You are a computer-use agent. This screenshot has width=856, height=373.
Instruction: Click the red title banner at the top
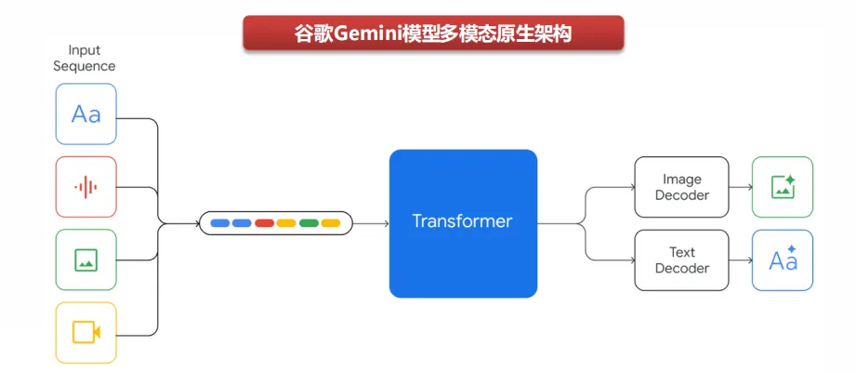click(433, 33)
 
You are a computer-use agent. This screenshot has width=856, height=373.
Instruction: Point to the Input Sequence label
click(85, 58)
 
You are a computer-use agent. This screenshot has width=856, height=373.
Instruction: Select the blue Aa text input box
click(86, 114)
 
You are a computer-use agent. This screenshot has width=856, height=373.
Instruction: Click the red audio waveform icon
click(86, 187)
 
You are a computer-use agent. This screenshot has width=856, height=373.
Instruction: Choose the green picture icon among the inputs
click(86, 260)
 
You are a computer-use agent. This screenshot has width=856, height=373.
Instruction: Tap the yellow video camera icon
click(86, 332)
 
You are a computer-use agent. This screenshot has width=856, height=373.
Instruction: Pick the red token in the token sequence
click(264, 223)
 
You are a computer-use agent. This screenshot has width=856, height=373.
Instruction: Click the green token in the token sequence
click(309, 223)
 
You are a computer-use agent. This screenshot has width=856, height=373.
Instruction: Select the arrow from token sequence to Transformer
click(372, 223)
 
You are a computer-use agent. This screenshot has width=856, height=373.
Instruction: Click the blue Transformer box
click(463, 223)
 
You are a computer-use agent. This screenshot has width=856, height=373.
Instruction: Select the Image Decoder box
click(681, 187)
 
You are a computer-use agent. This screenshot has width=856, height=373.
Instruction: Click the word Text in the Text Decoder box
click(682, 252)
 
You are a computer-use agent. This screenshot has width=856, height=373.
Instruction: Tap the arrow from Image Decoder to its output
click(741, 187)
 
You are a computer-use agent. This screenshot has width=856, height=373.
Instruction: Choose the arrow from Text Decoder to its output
click(741, 260)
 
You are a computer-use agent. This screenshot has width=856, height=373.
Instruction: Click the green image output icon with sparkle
click(783, 187)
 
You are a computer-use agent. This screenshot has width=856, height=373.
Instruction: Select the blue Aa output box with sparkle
click(783, 260)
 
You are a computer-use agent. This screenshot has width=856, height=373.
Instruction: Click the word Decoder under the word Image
click(682, 195)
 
